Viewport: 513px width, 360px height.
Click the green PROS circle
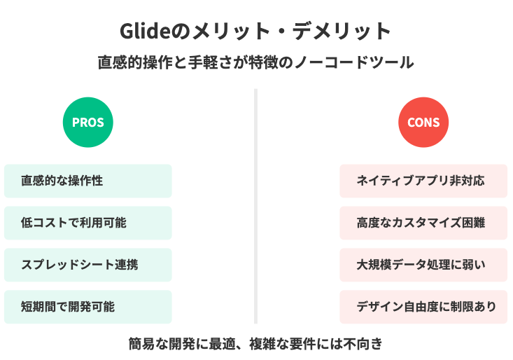[x=88, y=122]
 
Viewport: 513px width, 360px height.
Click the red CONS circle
[x=423, y=122]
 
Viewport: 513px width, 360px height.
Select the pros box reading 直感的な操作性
[x=88, y=181]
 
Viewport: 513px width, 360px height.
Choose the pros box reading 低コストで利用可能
[x=88, y=223]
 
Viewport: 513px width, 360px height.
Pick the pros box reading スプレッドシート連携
[x=88, y=265]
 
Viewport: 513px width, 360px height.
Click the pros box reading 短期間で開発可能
[x=88, y=307]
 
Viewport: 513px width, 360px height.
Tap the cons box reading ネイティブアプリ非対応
[x=423, y=181]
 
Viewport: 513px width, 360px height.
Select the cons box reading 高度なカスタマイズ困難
[x=423, y=223]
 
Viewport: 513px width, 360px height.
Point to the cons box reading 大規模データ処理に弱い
[x=423, y=265]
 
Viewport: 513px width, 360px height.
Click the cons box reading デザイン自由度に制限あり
[x=423, y=307]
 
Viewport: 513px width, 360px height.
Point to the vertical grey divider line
[x=256, y=206]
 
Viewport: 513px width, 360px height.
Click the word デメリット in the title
[x=342, y=32]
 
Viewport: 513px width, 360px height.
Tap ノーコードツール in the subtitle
[x=354, y=62]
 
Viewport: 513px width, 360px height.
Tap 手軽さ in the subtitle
[x=211, y=62]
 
